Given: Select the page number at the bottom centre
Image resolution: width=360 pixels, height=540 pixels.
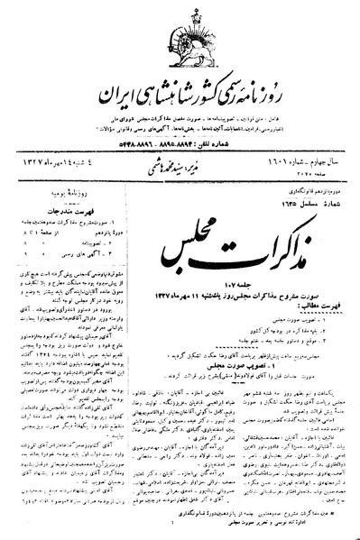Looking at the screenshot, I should pos(180,533).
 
